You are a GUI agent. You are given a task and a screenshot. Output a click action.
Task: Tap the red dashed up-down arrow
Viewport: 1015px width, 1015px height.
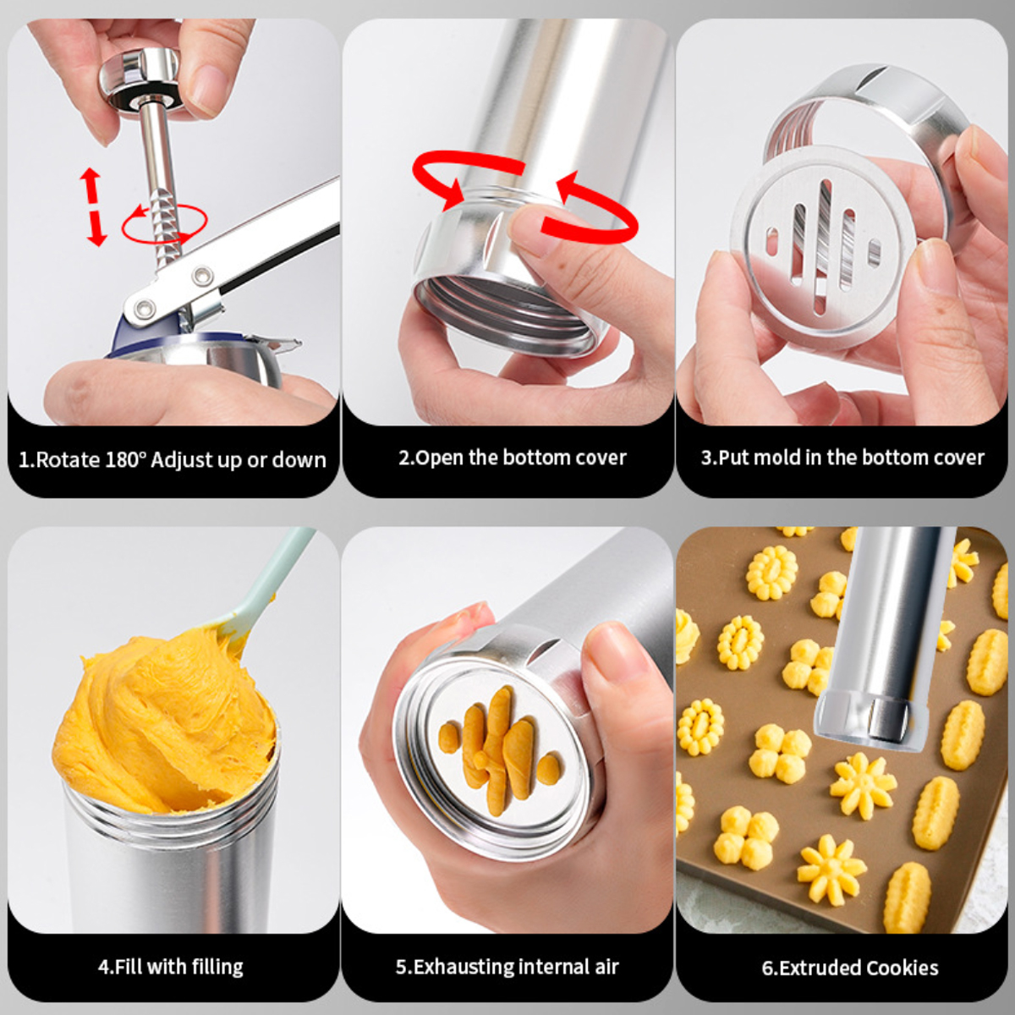click(x=93, y=206)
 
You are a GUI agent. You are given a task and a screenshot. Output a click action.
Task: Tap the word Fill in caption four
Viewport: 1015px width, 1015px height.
click(x=128, y=967)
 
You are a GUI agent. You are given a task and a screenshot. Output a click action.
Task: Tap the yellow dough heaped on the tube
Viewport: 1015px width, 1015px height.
click(x=163, y=721)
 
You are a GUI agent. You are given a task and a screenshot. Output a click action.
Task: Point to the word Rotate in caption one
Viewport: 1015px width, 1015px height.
click(x=68, y=460)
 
